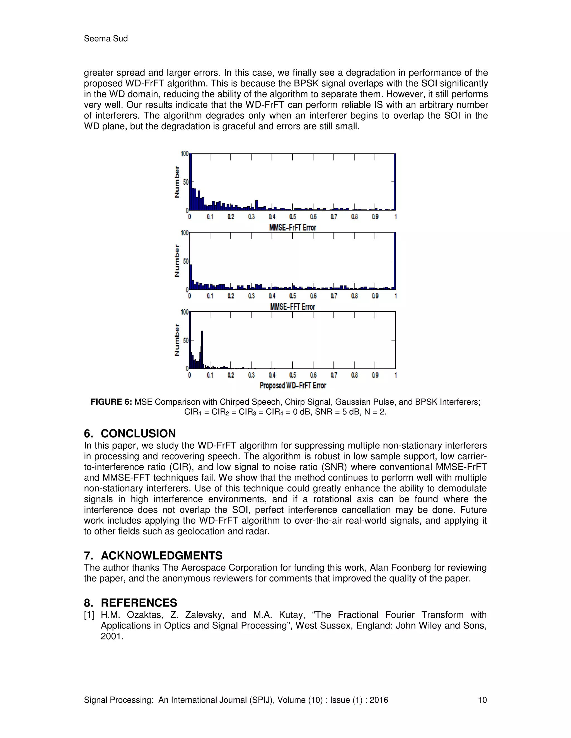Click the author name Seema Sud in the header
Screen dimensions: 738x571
(106, 39)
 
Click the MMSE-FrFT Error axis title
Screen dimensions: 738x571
(292, 228)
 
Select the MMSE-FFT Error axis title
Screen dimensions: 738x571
(292, 307)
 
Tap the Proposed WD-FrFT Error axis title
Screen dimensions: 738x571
(292, 385)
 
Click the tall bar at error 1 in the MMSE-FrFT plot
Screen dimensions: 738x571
(395, 182)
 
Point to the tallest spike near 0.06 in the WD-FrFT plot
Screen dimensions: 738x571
(202, 350)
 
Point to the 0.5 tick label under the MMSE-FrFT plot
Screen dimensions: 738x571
(292, 217)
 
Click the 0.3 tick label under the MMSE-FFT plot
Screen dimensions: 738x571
(251, 296)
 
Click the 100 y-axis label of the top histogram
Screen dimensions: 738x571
(184, 154)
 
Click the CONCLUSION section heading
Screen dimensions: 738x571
(138, 434)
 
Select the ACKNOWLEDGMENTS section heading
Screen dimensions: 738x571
(161, 556)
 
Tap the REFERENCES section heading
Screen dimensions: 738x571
(139, 603)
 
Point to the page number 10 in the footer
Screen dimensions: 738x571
(482, 700)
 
